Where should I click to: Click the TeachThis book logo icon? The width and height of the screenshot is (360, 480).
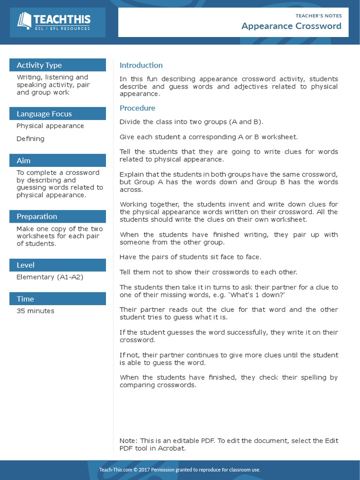[24, 20]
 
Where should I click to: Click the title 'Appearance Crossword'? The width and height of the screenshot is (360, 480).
[291, 26]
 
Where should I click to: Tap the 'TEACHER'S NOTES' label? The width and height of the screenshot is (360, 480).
[318, 16]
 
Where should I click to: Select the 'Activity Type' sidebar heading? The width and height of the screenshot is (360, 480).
[39, 65]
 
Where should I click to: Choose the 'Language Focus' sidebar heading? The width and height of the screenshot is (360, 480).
[44, 114]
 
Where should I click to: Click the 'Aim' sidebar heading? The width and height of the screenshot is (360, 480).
[23, 160]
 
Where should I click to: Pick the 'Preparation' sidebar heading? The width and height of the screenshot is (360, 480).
[37, 217]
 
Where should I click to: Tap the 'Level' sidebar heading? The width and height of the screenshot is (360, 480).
[25, 265]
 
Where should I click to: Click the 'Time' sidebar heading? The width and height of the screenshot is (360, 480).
[25, 299]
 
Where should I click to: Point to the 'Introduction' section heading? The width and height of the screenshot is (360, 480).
[141, 65]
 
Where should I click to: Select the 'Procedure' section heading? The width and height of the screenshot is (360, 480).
[137, 108]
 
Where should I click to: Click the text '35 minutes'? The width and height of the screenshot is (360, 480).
[35, 311]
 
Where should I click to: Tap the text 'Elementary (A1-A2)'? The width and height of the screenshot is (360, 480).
[50, 277]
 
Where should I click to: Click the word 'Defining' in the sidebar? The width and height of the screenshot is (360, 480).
[30, 139]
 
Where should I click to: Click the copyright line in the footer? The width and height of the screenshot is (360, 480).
[180, 470]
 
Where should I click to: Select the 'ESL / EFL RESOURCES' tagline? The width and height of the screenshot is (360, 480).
[62, 29]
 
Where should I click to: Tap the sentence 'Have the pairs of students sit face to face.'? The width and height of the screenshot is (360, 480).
[190, 257]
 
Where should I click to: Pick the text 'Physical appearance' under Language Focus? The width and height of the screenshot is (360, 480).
[50, 126]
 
